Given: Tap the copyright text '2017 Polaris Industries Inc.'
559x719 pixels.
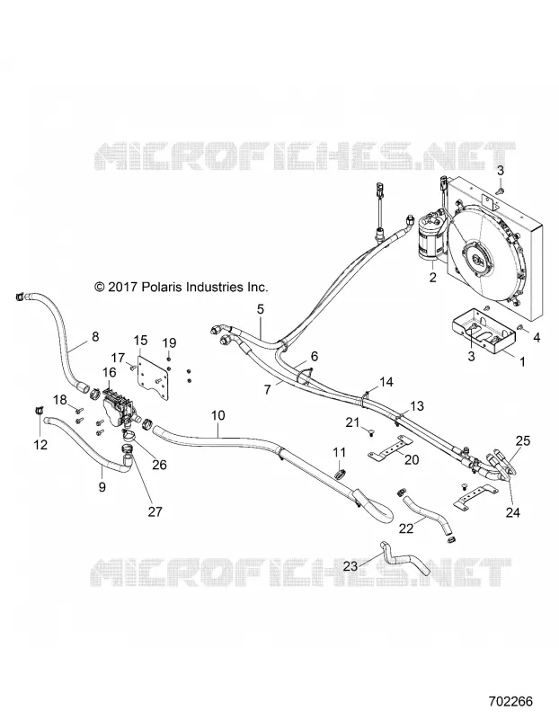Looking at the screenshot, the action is (x=187, y=287).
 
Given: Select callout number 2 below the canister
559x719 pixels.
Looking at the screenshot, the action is (x=433, y=278).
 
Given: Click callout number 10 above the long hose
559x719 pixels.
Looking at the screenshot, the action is (x=218, y=415).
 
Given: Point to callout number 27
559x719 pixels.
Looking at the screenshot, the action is (x=155, y=510).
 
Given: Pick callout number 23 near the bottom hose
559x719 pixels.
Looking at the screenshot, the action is (x=350, y=566).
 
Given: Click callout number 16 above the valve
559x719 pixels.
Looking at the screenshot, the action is (x=110, y=371).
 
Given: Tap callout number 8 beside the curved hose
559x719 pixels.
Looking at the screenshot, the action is (x=95, y=336).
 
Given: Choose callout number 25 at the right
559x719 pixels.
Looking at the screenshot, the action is (x=523, y=440).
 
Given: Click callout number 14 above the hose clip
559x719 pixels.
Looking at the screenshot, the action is (x=386, y=381).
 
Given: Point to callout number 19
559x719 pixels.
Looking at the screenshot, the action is (x=169, y=342).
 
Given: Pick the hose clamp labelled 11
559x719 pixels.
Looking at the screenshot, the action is (x=340, y=474).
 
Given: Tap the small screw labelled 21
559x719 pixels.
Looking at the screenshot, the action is (x=370, y=432).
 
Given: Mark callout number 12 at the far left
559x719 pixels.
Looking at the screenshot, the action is (x=40, y=444).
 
